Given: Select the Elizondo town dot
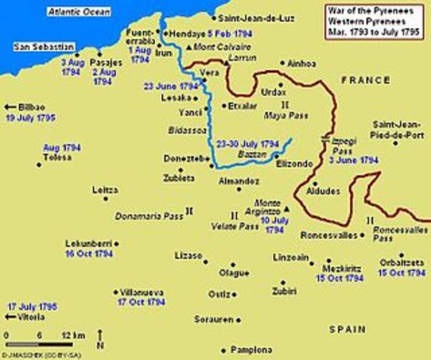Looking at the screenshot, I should coord(277,155).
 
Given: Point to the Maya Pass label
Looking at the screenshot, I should coord(282,116).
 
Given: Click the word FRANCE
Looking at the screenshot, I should coord(364,79).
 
